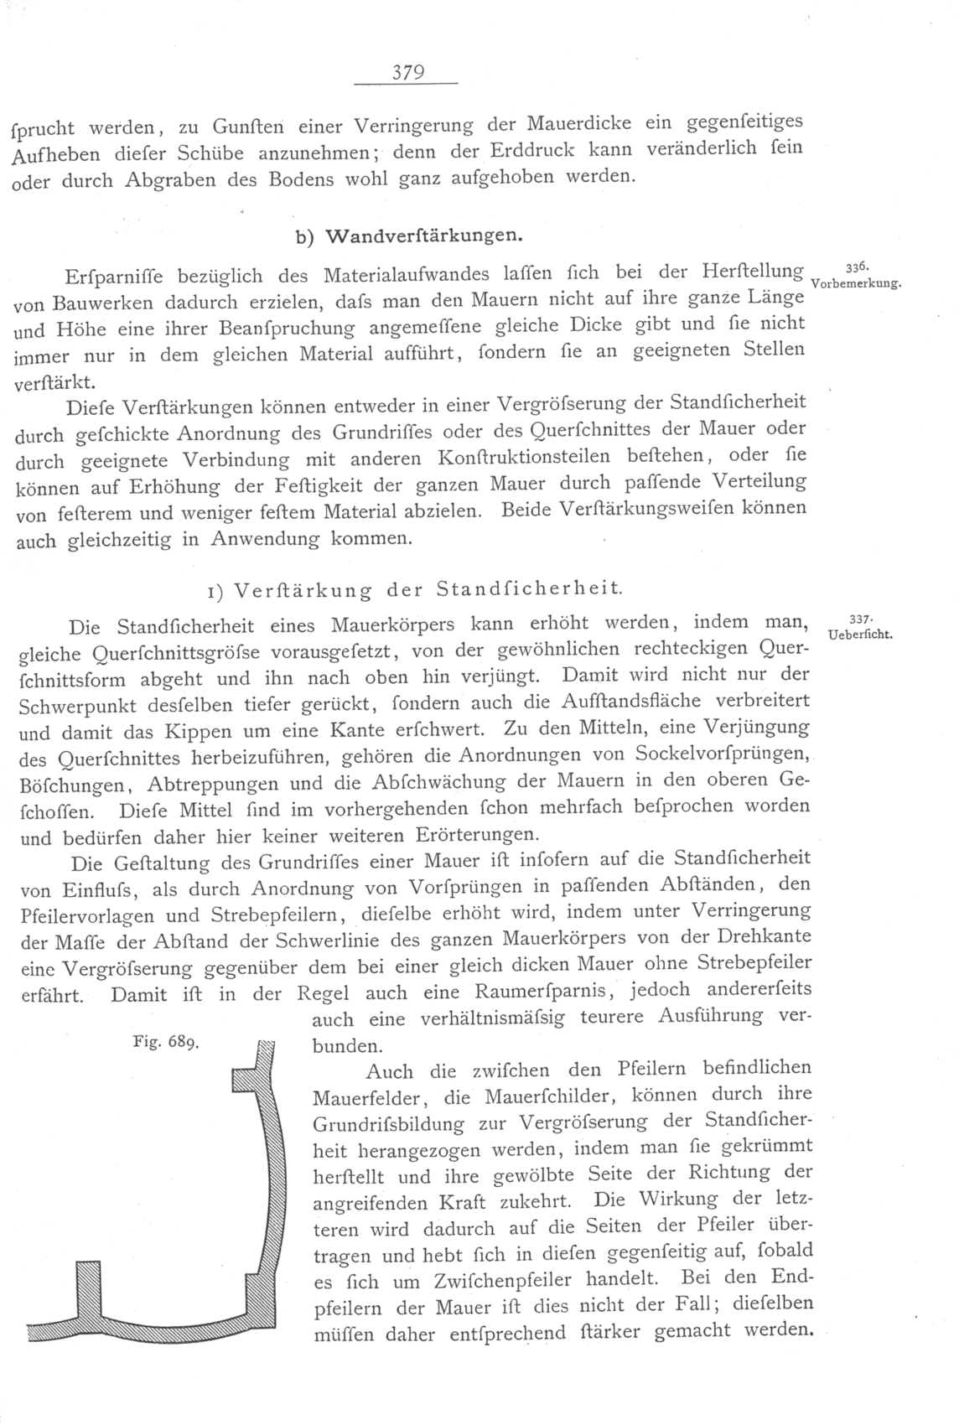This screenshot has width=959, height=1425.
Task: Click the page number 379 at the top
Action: tap(407, 72)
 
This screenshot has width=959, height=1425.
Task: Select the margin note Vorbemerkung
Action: tap(857, 283)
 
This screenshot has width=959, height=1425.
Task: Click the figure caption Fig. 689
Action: tap(165, 1044)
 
